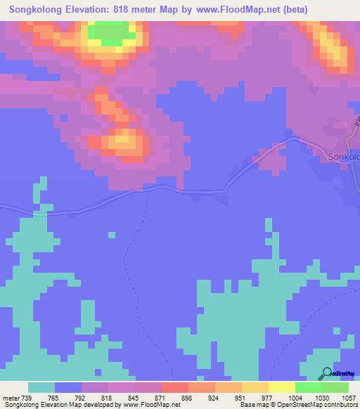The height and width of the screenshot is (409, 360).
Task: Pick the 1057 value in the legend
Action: (x=340, y=397)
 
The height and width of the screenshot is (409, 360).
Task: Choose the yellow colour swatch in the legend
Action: (x=281, y=387)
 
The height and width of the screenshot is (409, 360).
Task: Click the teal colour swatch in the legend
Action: (x=41, y=387)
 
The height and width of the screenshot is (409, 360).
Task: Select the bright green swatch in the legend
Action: (x=308, y=387)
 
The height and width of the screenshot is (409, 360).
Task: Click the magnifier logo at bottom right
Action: (x=326, y=372)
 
